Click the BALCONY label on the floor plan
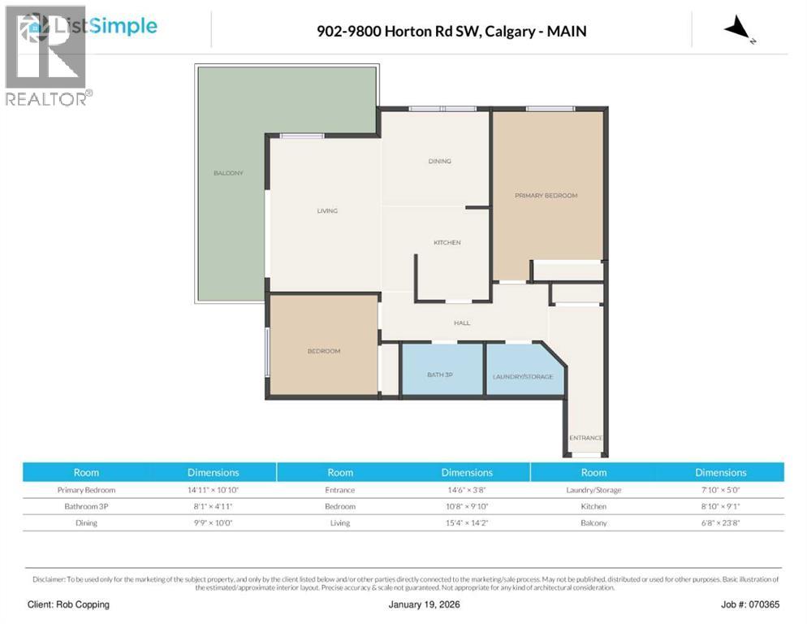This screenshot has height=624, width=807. click(x=228, y=173)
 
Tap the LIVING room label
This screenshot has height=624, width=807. click(x=327, y=211)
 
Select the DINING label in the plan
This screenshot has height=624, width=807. click(x=439, y=161)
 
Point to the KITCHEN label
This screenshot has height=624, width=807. click(x=447, y=242)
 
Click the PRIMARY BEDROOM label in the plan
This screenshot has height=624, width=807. click(x=546, y=196)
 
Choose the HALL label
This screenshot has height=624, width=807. click(x=462, y=323)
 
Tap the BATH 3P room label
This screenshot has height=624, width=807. click(x=440, y=375)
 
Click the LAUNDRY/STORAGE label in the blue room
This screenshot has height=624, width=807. click(x=523, y=377)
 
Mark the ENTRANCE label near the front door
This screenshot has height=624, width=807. click(x=585, y=438)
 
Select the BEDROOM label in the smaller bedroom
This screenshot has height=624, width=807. click(x=323, y=351)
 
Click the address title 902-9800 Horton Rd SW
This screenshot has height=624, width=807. click(x=451, y=32)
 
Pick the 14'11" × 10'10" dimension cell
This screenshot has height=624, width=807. click(x=214, y=490)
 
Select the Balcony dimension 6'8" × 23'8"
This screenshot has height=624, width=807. click(x=720, y=522)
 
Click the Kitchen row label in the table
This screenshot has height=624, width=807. click(x=593, y=506)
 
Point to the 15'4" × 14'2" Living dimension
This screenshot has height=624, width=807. click(x=466, y=522)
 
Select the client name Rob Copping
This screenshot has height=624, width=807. click(x=68, y=604)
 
